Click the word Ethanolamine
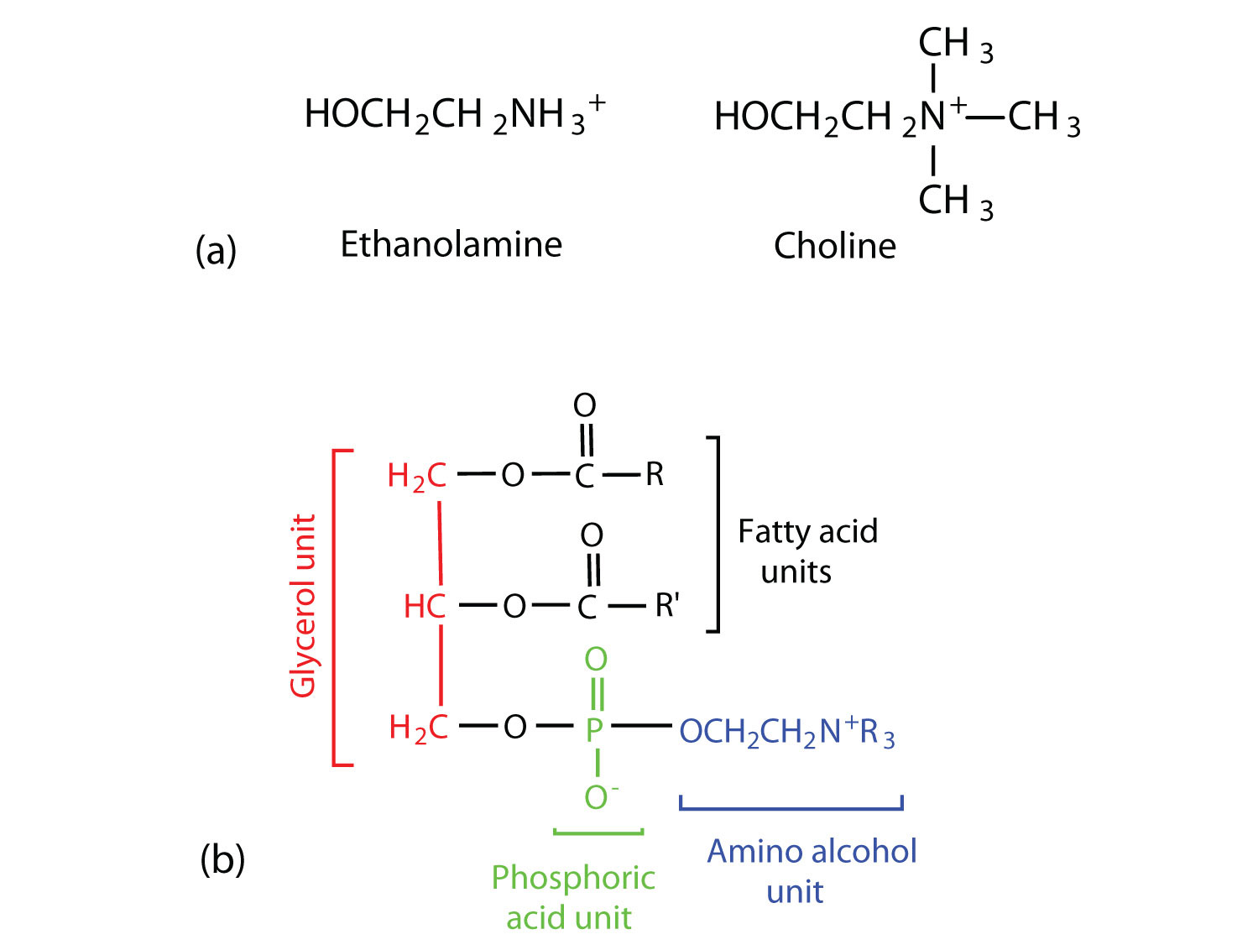[451, 244]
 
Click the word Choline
[834, 246]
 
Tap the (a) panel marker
[216, 249]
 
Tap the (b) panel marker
[222, 859]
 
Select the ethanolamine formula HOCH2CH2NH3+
[454, 114]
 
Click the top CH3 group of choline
[955, 44]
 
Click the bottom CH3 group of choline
[955, 201]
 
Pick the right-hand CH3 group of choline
[1043, 117]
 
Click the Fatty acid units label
[807, 551]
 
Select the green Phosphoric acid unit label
[572, 897]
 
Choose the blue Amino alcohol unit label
[811, 871]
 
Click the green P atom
[594, 729]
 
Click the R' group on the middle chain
[667, 604]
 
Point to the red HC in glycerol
[425, 606]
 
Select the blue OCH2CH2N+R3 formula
[786, 731]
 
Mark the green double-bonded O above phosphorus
[596, 660]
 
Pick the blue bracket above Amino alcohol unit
[791, 805]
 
